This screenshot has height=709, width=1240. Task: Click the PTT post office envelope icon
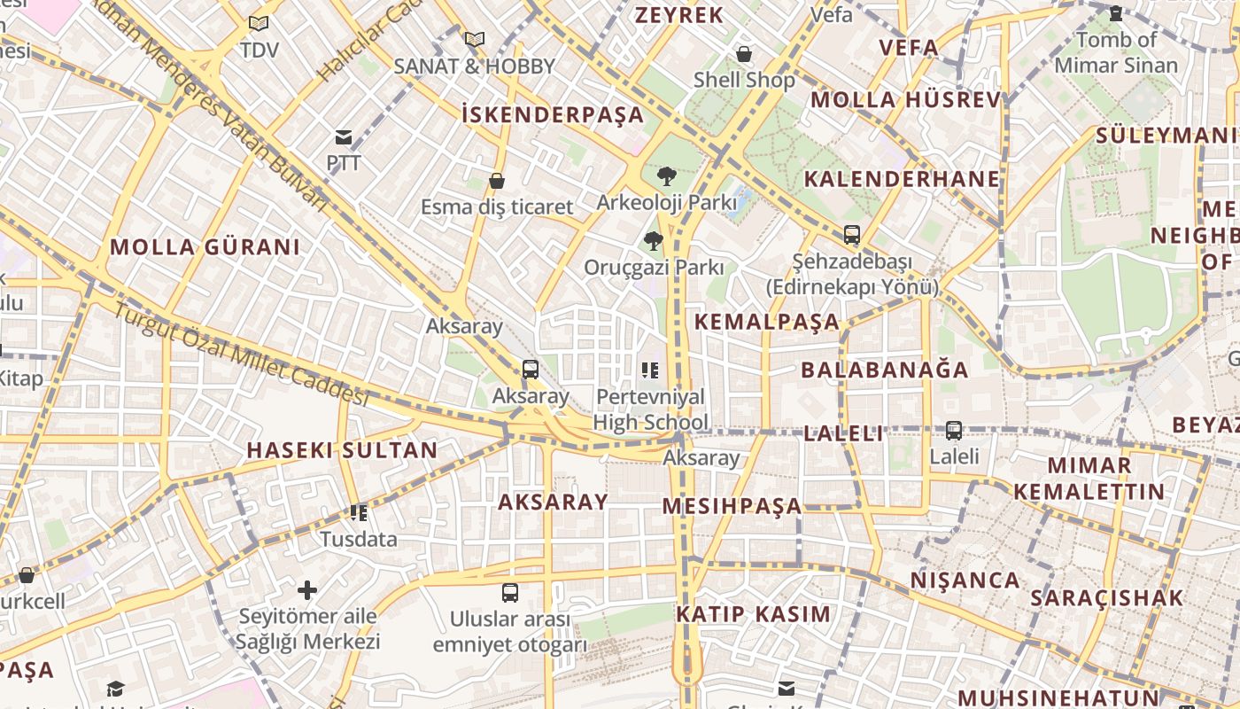[343, 137]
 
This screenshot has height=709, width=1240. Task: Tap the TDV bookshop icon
[258, 24]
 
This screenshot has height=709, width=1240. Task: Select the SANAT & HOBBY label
[474, 66]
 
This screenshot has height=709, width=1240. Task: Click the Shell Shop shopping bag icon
[744, 54]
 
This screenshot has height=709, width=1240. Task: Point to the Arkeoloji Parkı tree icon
[667, 175]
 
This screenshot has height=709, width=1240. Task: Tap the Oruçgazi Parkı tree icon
[654, 240]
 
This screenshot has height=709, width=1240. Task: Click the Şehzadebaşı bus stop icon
[851, 235]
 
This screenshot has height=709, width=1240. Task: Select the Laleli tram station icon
[954, 431]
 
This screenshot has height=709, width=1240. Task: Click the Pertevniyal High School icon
[651, 370]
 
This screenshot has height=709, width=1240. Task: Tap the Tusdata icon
[359, 512]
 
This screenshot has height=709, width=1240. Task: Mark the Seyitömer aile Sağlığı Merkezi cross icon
[307, 589]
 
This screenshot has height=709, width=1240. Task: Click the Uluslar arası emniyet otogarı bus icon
[510, 593]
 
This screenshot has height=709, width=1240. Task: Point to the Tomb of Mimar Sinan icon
[1116, 13]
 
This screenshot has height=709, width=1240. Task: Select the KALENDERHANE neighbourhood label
[901, 179]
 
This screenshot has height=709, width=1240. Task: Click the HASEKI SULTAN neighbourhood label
[342, 450]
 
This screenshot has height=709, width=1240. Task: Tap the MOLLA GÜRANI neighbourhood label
[205, 247]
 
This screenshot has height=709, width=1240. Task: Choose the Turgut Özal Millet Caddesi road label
[239, 354]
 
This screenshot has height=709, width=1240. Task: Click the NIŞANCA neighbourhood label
[965, 580]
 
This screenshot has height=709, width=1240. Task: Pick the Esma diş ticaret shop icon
[497, 181]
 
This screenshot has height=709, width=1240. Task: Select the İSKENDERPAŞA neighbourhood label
[553, 114]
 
